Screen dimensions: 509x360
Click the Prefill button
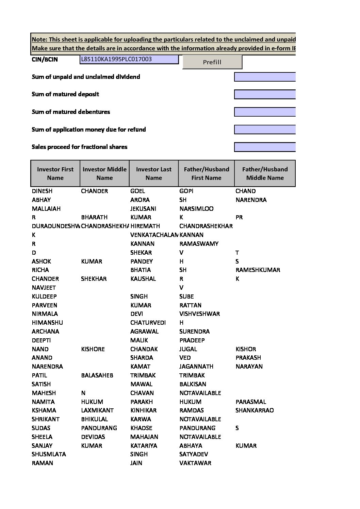pyautogui.click(x=212, y=62)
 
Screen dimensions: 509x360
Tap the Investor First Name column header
pyautogui.click(x=55, y=173)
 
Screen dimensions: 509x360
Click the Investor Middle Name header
pyautogui.click(x=104, y=173)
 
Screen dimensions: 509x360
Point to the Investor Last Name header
pyautogui.click(x=153, y=173)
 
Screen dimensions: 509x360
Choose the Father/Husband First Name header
pyautogui.click(x=206, y=173)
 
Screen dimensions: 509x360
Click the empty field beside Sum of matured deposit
pyautogui.click(x=265, y=94)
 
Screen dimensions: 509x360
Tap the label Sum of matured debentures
pyautogui.click(x=71, y=112)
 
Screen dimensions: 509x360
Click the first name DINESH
pyautogui.click(x=42, y=191)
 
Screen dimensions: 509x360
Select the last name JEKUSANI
pyautogui.click(x=143, y=209)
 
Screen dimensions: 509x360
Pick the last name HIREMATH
pyautogui.click(x=145, y=226)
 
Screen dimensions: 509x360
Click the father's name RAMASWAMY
pyautogui.click(x=199, y=244)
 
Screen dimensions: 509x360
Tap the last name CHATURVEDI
pyautogui.click(x=148, y=323)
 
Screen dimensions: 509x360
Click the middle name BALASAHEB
pyautogui.click(x=97, y=375)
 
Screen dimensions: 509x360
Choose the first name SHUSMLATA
pyautogui.click(x=49, y=454)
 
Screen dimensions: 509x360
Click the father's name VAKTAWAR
pyautogui.click(x=195, y=463)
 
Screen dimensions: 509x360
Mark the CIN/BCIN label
pyautogui.click(x=45, y=60)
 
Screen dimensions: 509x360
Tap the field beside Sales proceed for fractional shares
pyautogui.click(x=265, y=147)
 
